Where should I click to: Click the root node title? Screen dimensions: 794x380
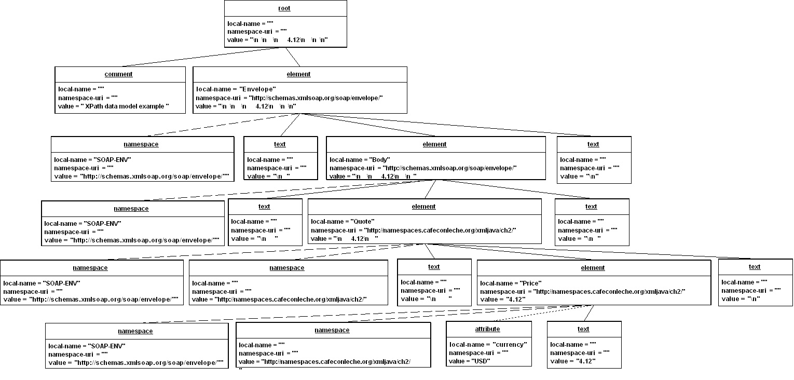pyautogui.click(x=284, y=8)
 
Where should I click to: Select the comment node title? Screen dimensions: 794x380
pyautogui.click(x=118, y=74)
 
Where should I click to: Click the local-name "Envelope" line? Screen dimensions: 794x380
pyautogui.click(x=236, y=89)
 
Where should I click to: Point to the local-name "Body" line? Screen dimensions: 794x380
pyautogui.click(x=360, y=160)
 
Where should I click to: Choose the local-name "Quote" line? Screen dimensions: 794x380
pyautogui.click(x=343, y=222)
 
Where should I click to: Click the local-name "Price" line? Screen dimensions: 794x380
pyautogui.click(x=511, y=283)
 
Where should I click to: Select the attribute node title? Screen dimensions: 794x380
pyautogui.click(x=487, y=329)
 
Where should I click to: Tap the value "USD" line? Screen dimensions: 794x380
pyautogui.click(x=469, y=361)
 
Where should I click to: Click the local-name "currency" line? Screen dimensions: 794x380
pyautogui.click(x=488, y=345)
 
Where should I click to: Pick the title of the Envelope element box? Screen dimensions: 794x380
pyautogui.click(x=298, y=74)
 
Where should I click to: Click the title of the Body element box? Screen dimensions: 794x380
pyautogui.click(x=434, y=144)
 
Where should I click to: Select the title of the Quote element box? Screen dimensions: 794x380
pyautogui.click(x=423, y=207)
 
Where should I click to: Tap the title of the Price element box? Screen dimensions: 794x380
pyautogui.click(x=593, y=268)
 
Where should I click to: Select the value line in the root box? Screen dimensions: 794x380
pyautogui.click(x=278, y=40)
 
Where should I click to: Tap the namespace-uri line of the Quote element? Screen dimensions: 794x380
pyautogui.click(x=413, y=230)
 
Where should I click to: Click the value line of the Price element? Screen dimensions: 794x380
pyautogui.click(x=503, y=300)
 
